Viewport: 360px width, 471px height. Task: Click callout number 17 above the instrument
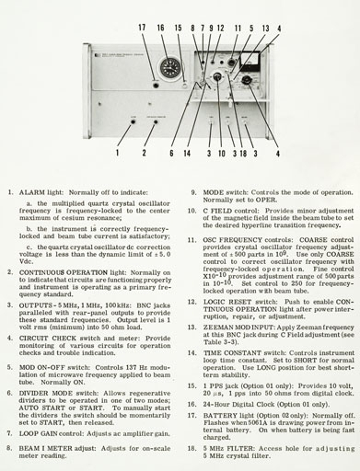pos(142,29)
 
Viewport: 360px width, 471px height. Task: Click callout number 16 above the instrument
pos(161,29)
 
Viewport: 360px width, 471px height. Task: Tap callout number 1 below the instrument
pos(117,153)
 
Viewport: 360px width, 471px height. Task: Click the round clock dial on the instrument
pos(169,69)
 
